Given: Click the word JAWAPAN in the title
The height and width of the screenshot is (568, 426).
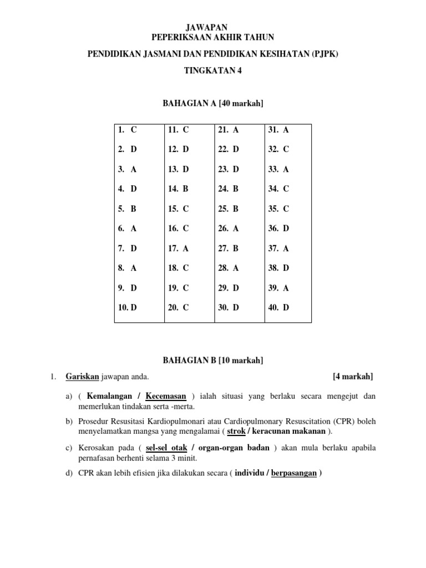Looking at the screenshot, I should click(213, 27).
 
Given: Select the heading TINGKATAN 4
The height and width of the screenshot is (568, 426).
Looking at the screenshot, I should click(213, 70).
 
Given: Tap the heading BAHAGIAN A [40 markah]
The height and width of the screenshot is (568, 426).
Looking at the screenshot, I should click(213, 103).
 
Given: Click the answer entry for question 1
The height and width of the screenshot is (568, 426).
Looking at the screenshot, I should click(127, 130).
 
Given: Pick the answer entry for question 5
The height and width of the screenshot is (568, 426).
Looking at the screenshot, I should click(127, 209).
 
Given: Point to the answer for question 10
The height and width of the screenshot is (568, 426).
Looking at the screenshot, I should click(127, 307).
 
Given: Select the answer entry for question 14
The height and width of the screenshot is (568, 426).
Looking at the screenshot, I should click(178, 189).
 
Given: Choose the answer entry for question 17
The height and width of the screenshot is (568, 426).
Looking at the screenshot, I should click(178, 248).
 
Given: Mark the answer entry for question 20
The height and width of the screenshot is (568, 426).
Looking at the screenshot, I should click(178, 307).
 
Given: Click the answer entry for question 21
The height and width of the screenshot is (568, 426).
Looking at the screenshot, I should click(229, 130).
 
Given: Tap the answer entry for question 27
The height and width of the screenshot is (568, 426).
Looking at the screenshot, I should click(229, 248).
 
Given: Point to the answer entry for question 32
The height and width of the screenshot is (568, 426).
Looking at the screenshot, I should click(278, 149).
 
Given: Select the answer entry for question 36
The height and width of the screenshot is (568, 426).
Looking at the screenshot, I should click(278, 228).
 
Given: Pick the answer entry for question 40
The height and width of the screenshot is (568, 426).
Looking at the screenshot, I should click(278, 307).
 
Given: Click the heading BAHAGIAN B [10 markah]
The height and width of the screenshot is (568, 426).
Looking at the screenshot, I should click(213, 361).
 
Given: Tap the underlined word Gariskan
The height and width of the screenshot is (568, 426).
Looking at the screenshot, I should click(82, 377).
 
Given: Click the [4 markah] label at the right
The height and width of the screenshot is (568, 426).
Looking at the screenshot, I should click(353, 377).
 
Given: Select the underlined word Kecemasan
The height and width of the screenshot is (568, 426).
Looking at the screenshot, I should click(166, 396).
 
